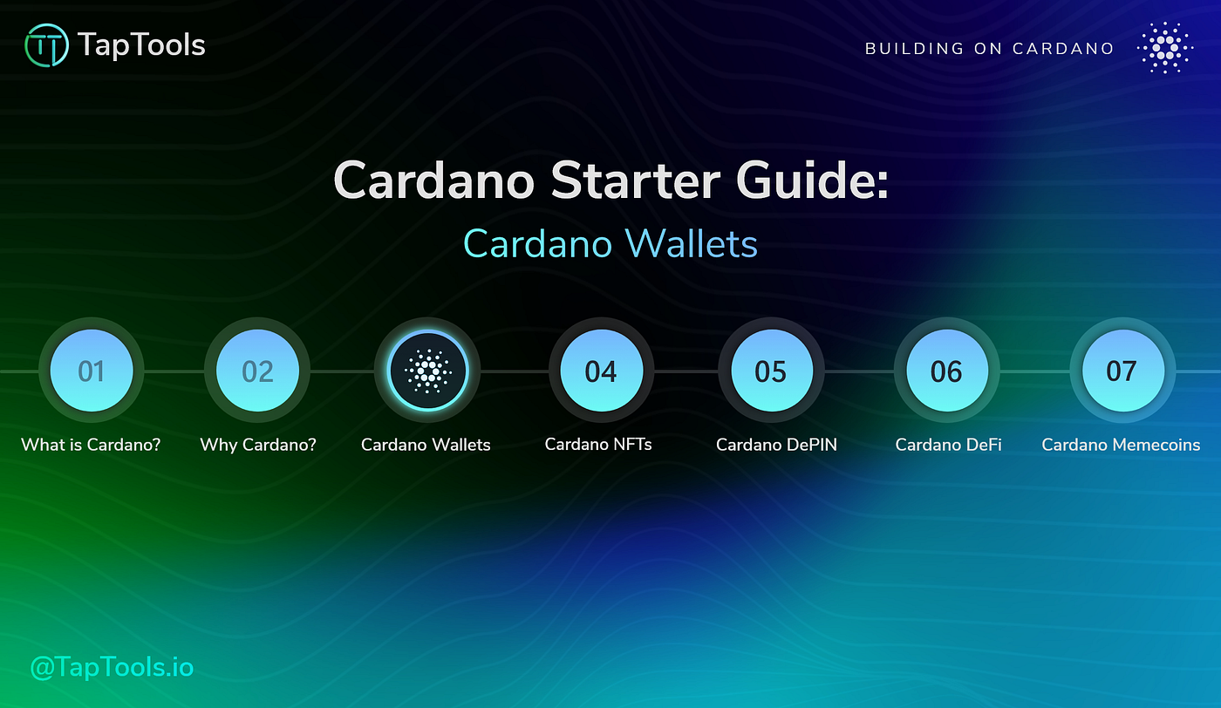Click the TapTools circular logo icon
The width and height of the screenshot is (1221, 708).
pos(47,46)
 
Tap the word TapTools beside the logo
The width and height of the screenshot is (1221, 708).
pos(141,45)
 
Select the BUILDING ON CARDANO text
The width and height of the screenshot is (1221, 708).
pos(989,49)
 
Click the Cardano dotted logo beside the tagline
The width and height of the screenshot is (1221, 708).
pos(1165,48)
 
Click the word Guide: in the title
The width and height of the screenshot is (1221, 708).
pos(813,181)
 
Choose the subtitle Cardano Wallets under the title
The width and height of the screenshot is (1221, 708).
pos(610,243)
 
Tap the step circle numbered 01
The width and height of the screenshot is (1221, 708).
pos(92,371)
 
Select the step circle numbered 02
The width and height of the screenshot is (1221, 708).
pos(257,371)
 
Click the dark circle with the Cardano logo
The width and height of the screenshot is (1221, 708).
pos(426,371)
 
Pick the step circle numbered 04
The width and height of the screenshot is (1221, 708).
pos(601,371)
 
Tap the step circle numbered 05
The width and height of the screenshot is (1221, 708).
pos(771,371)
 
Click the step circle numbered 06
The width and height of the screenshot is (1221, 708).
pos(946,371)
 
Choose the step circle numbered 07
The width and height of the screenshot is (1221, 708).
pos(1122,371)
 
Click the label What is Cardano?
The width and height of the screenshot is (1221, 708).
pos(91,445)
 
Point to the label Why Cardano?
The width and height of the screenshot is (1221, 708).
pos(258,445)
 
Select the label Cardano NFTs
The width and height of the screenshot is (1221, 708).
pos(598,444)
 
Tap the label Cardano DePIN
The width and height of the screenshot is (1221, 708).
pos(776,445)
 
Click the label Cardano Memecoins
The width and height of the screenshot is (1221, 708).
pos(1121,445)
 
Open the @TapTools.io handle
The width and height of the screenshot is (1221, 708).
pos(112,668)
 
